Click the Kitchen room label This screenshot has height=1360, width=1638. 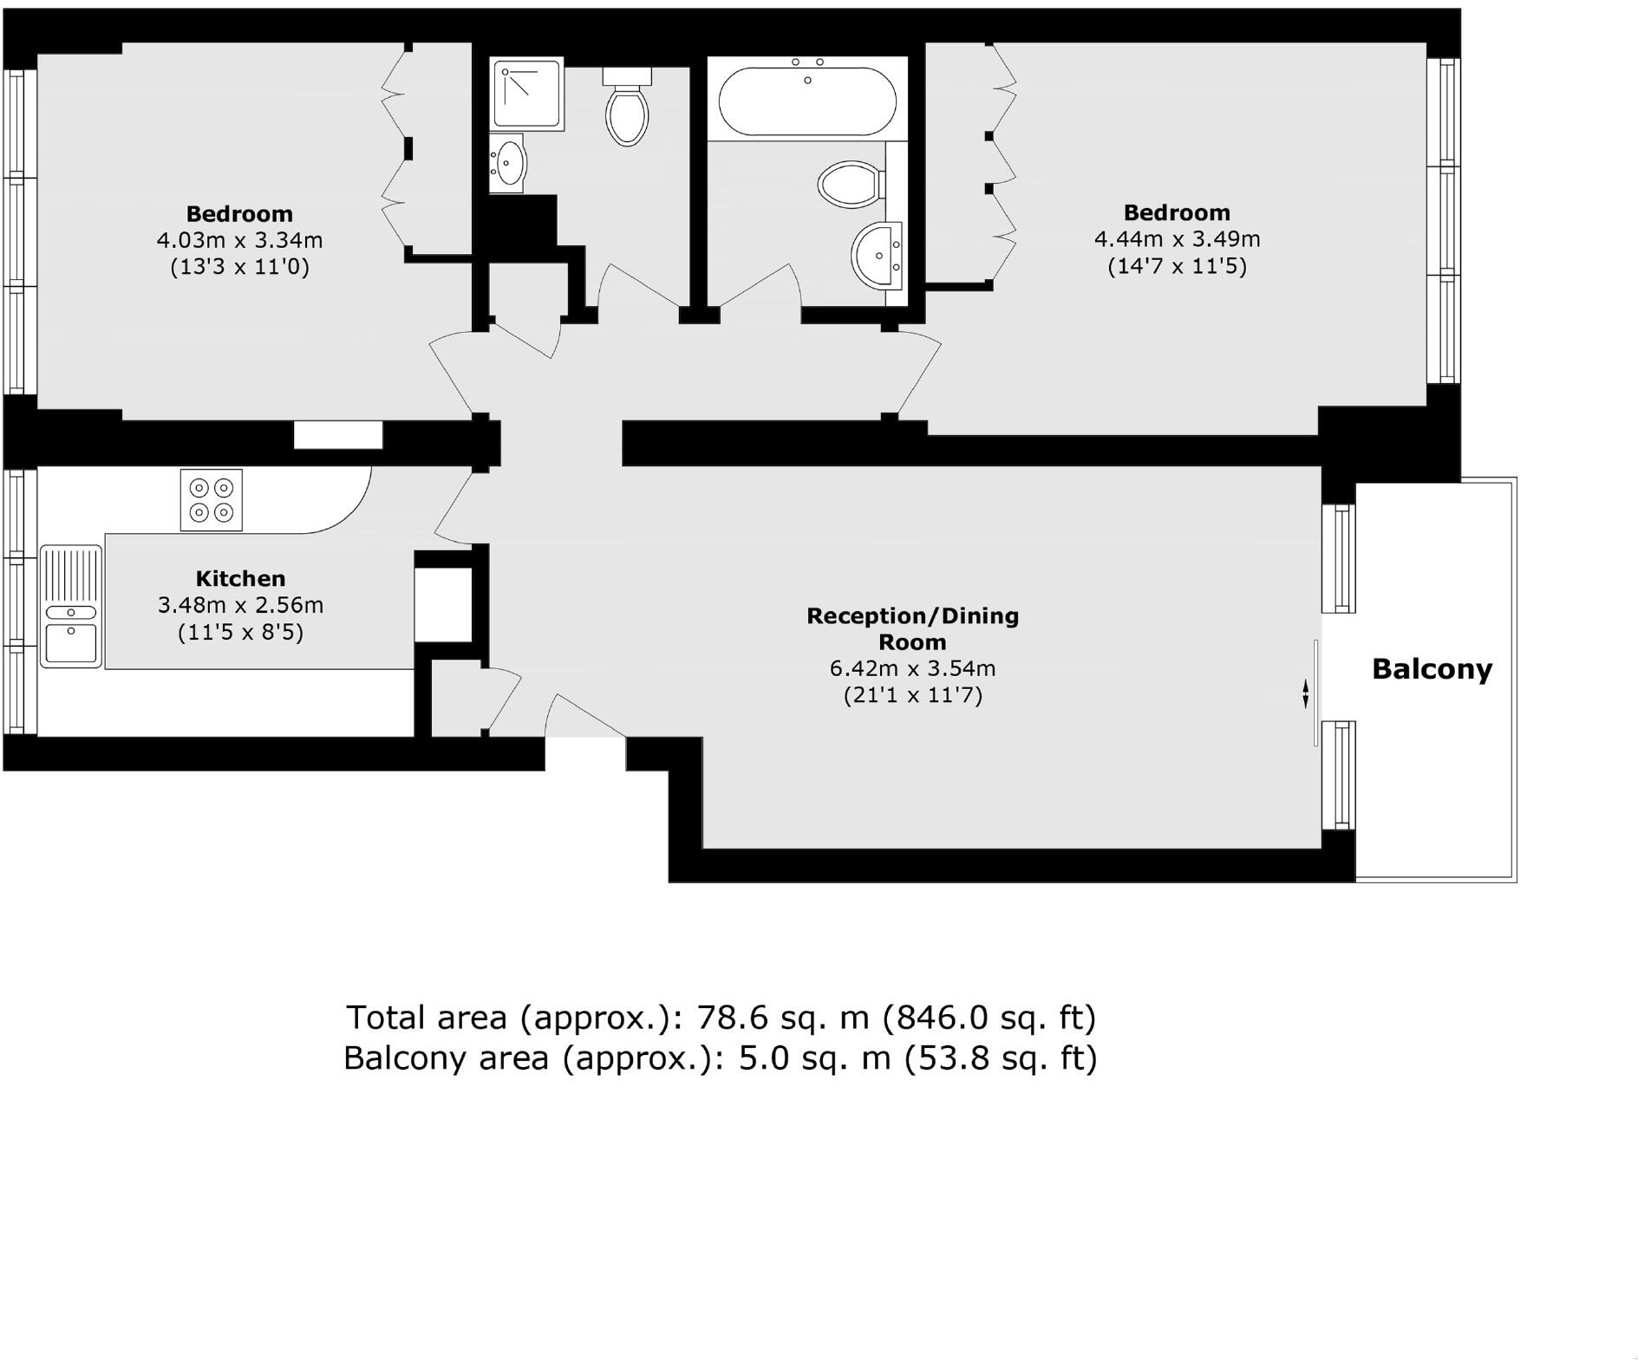coord(240,579)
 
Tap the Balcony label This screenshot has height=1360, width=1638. coord(1432,669)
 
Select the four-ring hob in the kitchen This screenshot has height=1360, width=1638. coord(212,500)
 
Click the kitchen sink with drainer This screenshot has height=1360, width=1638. coord(72,606)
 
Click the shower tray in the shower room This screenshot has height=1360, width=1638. coord(525,93)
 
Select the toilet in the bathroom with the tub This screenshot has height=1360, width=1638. coord(851,184)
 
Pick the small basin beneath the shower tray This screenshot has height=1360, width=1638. coord(509,162)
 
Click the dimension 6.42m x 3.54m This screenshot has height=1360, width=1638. coord(912,668)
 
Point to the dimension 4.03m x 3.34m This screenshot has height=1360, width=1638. coord(239,239)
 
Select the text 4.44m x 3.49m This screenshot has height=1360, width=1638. coord(1177,238)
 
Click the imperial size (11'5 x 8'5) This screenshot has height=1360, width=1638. coord(240,633)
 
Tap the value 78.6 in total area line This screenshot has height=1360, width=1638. coord(728,1017)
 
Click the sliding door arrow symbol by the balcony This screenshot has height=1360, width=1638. coord(1305,693)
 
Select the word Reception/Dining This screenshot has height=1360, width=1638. coord(912,616)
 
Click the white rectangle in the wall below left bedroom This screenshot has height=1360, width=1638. coord(338,434)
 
